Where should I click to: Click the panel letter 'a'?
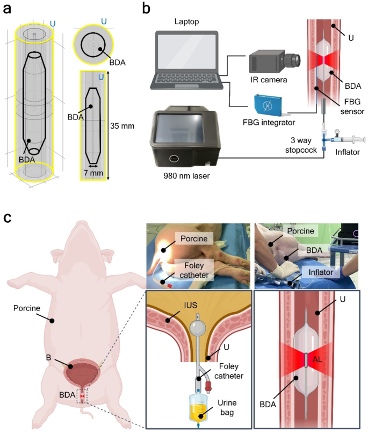tap(7, 9)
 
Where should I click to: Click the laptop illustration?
tap(185, 62)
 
